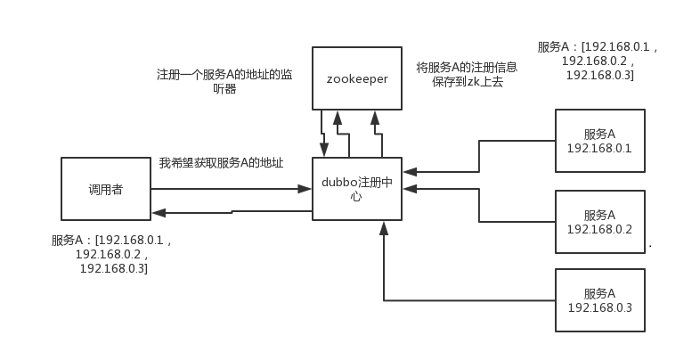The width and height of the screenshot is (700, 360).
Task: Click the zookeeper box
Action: coord(356,78)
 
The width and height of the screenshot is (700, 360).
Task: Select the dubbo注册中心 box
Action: coord(356,189)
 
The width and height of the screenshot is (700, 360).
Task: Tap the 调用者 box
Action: coord(105,189)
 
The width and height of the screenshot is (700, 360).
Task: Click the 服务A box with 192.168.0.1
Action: coord(599,141)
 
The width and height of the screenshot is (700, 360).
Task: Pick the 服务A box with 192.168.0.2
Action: coord(599,222)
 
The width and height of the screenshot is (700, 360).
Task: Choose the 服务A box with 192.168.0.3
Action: coord(599,300)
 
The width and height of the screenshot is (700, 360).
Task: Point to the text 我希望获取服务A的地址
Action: coord(221,163)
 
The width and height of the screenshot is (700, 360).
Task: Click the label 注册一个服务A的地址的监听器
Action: coord(224,82)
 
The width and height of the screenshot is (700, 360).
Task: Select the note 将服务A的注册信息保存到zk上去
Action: coord(467,74)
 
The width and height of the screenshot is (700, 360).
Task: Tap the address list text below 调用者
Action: coord(111,254)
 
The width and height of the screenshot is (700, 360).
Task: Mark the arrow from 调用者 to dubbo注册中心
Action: coord(227,189)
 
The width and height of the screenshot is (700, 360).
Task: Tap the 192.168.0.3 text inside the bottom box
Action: coord(599,308)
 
